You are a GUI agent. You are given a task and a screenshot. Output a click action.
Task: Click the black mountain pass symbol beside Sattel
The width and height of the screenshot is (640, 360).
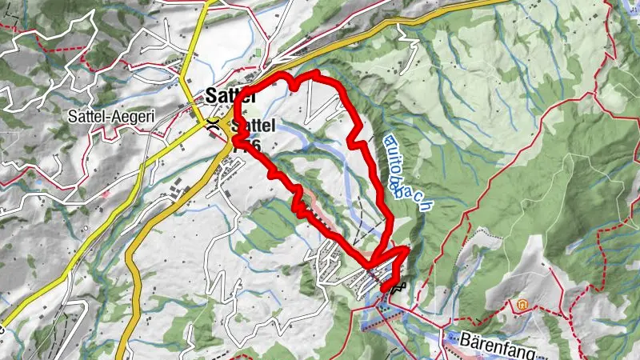213,124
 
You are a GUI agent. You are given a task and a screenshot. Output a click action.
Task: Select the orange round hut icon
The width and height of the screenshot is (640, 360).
522,305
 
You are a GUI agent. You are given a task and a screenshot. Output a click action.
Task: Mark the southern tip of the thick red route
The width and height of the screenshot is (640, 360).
383,288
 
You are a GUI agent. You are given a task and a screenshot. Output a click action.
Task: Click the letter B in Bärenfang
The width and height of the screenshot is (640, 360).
466,338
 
